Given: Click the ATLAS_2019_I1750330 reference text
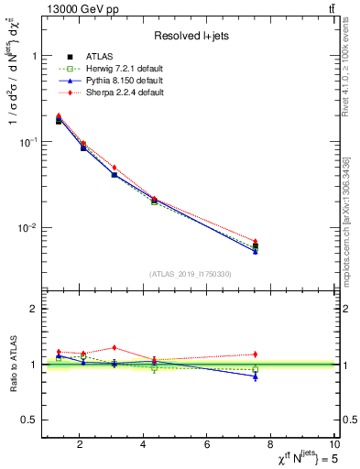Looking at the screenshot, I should click(191, 274).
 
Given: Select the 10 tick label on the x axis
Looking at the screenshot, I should click(334, 445).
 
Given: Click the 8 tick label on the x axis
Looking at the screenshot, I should click(271, 445).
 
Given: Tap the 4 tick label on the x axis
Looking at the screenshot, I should click(144, 445).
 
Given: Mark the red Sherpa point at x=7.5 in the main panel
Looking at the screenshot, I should click(256, 241).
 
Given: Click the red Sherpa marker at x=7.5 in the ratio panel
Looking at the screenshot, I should click(256, 354).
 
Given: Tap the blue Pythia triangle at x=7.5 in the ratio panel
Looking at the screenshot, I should click(256, 376).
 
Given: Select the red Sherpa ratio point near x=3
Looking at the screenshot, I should click(114, 347).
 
